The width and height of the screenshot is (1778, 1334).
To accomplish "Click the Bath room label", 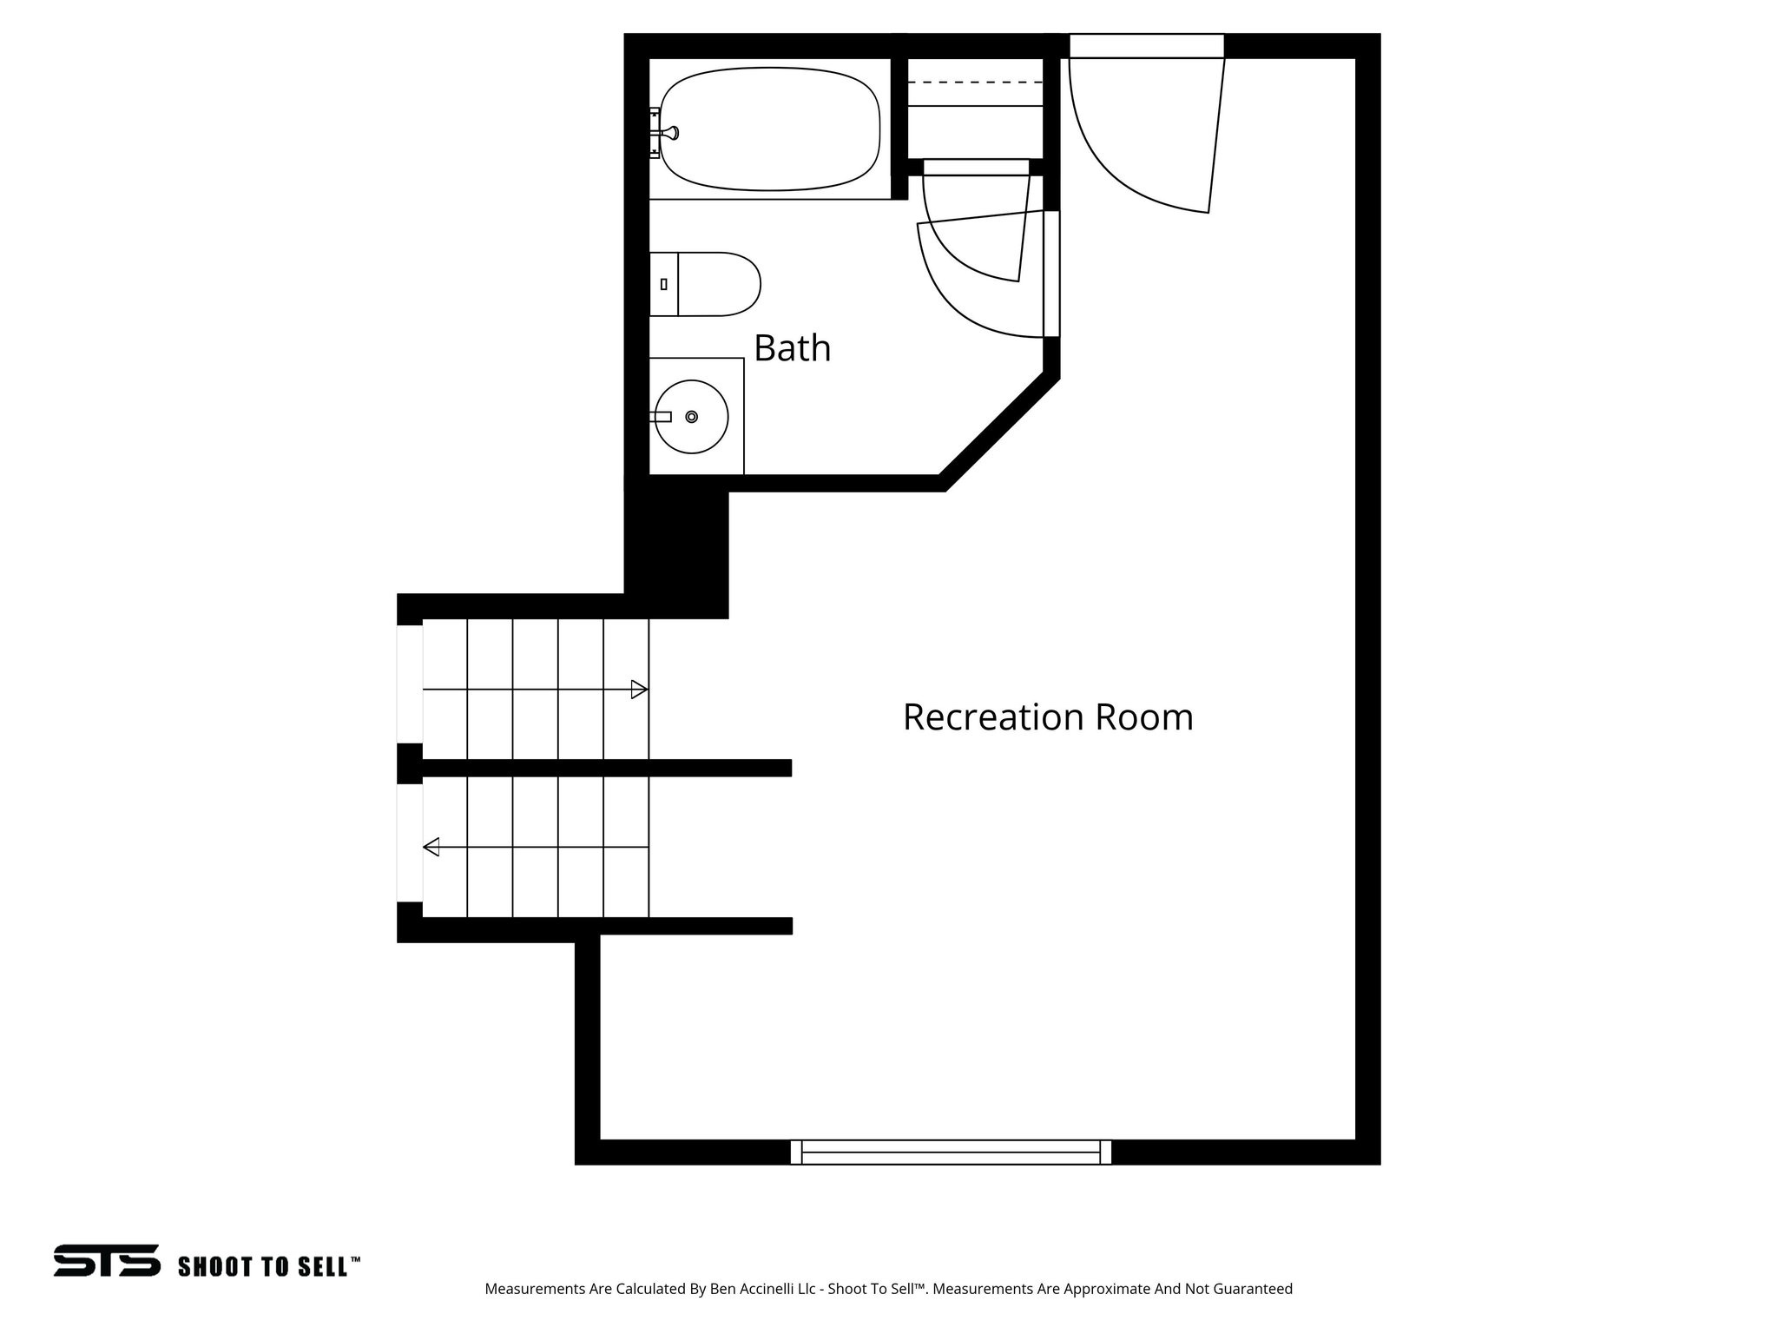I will (x=792, y=348).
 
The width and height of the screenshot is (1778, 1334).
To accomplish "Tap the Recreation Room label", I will (x=1048, y=717).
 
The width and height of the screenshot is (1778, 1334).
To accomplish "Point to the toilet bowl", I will (x=719, y=284).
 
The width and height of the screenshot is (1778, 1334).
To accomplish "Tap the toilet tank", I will (x=663, y=284).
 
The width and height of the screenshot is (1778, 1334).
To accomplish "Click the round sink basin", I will (x=691, y=417).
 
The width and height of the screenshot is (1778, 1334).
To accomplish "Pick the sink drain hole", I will (x=692, y=417).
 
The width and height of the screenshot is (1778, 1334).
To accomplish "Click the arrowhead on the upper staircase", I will (x=640, y=690).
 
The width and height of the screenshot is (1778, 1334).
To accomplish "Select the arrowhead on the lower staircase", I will (x=431, y=846).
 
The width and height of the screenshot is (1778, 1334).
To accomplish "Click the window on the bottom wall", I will (x=951, y=1152).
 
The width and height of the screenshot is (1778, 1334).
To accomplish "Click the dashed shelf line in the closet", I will (x=975, y=83).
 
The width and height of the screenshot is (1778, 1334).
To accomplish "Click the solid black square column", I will (x=676, y=552).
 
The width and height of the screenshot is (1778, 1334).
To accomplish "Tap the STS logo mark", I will (x=107, y=1260).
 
